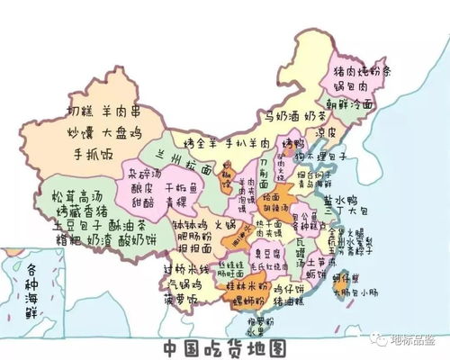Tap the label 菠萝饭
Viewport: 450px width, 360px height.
click(x=179, y=300)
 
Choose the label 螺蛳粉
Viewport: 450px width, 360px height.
click(x=247, y=299)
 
